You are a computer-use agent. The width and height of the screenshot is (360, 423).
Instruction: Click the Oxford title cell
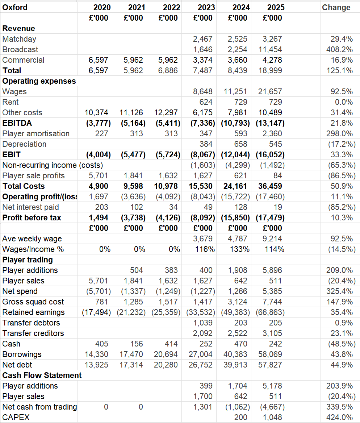(15, 7)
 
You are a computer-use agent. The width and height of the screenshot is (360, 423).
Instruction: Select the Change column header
(336, 7)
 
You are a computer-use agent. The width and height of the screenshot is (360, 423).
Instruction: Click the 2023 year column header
(206, 7)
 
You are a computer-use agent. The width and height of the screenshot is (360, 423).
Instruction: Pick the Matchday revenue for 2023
(203, 39)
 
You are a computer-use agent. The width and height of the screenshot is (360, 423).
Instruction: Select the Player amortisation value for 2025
(272, 133)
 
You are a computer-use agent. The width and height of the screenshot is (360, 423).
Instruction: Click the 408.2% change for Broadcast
(342, 49)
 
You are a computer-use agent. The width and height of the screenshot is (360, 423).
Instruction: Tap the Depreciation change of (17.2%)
(342, 144)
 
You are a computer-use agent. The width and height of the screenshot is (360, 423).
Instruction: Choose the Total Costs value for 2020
(99, 186)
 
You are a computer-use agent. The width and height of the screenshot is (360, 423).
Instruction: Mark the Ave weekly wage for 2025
(272, 239)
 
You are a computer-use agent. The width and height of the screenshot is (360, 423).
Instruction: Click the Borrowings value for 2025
(270, 354)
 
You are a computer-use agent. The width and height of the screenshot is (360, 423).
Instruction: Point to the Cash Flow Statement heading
(42, 375)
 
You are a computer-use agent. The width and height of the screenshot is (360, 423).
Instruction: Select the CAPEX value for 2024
(240, 417)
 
